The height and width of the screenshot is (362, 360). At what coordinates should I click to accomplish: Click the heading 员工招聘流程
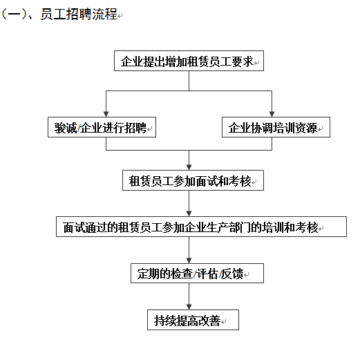(x=79, y=14)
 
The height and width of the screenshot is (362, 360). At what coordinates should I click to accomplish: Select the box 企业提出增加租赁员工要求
(x=189, y=61)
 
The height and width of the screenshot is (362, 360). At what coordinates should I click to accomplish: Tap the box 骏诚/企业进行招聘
(x=102, y=127)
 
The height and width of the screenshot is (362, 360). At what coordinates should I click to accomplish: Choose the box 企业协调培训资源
(x=276, y=127)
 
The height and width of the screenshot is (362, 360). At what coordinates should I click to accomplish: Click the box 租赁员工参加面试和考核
(x=193, y=180)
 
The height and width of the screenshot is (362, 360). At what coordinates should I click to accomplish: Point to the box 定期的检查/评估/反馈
(x=197, y=273)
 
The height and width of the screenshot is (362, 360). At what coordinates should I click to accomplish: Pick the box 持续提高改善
(x=193, y=320)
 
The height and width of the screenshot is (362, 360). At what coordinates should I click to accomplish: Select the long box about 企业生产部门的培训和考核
(x=201, y=227)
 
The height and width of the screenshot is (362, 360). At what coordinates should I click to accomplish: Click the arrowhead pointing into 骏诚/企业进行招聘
(x=106, y=114)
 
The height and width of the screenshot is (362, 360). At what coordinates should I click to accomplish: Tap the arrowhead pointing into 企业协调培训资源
(x=272, y=114)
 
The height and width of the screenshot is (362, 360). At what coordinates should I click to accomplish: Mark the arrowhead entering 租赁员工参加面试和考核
(x=189, y=167)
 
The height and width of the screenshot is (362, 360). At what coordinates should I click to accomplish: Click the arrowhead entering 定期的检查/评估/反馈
(x=189, y=260)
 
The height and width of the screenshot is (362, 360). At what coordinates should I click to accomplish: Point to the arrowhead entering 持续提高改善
(x=189, y=307)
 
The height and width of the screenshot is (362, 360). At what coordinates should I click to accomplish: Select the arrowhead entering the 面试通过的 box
(x=189, y=213)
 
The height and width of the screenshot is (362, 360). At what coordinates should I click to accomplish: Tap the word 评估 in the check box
(x=207, y=274)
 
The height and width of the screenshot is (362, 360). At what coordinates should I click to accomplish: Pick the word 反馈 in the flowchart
(x=232, y=274)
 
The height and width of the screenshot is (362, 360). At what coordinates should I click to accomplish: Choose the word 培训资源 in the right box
(x=295, y=128)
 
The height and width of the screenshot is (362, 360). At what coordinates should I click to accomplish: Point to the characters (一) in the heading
(x=14, y=14)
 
